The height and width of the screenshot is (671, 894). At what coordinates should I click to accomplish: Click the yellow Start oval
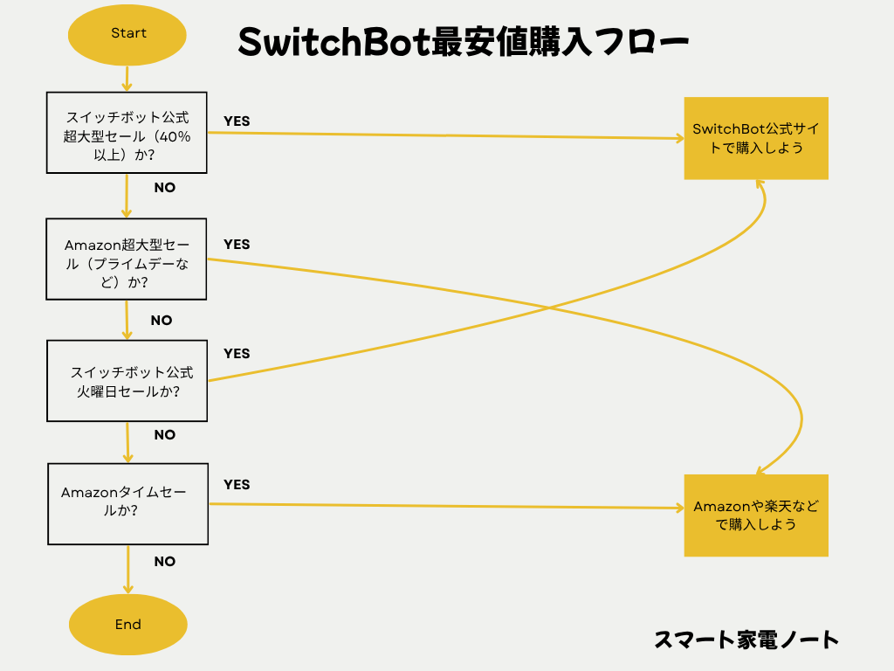[127, 34]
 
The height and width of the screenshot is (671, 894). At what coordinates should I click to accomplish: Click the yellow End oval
[127, 625]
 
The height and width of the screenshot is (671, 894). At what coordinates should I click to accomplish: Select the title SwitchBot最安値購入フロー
[464, 42]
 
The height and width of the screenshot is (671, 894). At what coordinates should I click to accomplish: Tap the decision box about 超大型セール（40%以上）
[127, 132]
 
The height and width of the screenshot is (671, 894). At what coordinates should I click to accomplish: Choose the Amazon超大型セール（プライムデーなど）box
[127, 259]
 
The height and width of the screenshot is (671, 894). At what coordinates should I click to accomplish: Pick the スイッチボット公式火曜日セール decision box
[127, 381]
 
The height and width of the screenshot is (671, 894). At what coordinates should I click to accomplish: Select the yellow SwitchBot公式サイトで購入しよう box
[755, 138]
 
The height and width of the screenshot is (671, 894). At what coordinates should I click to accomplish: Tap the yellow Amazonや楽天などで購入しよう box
[755, 515]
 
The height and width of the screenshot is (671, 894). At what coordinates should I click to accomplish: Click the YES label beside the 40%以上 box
[237, 121]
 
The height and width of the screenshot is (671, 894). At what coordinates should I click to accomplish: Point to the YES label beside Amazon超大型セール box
[237, 245]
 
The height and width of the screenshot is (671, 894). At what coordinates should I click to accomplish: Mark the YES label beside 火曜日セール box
[237, 354]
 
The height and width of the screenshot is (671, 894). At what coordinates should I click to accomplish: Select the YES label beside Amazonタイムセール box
[237, 485]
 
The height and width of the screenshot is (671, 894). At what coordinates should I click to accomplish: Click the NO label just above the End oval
[165, 562]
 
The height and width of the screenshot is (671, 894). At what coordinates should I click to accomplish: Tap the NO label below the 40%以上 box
[165, 188]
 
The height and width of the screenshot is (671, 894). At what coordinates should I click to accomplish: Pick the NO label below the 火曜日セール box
[165, 435]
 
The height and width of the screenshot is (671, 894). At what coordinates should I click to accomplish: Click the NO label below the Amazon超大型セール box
[162, 321]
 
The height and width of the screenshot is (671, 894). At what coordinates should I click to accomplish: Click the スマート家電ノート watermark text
[746, 640]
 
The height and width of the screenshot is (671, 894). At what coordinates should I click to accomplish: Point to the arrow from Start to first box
[127, 79]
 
